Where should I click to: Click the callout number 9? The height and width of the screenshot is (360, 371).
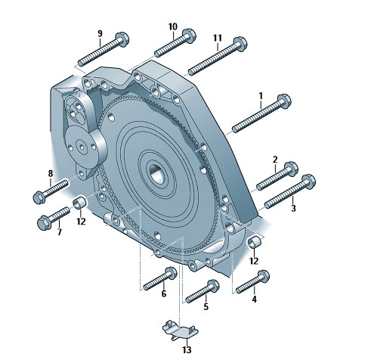pyautogui.click(x=100, y=33)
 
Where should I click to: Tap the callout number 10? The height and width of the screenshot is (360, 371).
pyautogui.click(x=173, y=26)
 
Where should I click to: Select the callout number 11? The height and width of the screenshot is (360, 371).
pyautogui.click(x=218, y=38)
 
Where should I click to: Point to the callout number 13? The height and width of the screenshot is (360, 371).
pyautogui.click(x=187, y=349)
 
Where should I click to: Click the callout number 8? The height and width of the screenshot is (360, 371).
pyautogui.click(x=51, y=174)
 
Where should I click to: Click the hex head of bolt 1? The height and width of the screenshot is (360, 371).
pyautogui.click(x=284, y=101)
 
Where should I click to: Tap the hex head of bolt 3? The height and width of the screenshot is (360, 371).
pyautogui.click(x=308, y=182)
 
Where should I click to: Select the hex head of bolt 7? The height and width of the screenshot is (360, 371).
pyautogui.click(x=44, y=222)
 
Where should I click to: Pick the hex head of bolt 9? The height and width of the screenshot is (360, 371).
pyautogui.click(x=122, y=39)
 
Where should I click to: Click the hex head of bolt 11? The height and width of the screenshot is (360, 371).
pyautogui.click(x=240, y=44)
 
